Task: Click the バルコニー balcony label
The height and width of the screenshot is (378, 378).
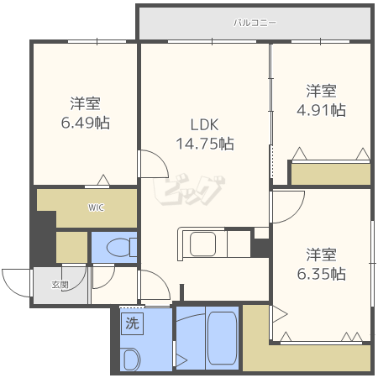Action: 255,23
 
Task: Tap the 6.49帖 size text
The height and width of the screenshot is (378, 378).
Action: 86,123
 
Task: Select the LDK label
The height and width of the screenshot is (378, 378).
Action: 204,125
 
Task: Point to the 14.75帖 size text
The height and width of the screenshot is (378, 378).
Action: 205,144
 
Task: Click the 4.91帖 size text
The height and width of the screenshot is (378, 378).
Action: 321,110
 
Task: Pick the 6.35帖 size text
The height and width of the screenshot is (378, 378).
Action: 321,274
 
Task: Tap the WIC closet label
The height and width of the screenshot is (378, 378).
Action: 96,207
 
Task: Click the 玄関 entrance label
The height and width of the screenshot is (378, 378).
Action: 60,285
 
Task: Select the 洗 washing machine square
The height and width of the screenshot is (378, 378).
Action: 132,323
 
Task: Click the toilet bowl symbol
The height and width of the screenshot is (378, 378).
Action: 119,248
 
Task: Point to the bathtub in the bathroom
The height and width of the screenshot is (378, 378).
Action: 223,339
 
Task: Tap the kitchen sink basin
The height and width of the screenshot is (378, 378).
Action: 202,244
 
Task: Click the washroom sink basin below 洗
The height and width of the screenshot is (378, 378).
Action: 132,359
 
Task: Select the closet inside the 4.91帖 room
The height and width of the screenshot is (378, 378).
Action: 331,174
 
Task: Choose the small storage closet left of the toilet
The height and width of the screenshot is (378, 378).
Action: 71,248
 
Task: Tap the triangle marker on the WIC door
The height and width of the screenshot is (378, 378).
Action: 103,180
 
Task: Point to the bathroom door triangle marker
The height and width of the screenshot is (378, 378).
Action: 181,360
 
